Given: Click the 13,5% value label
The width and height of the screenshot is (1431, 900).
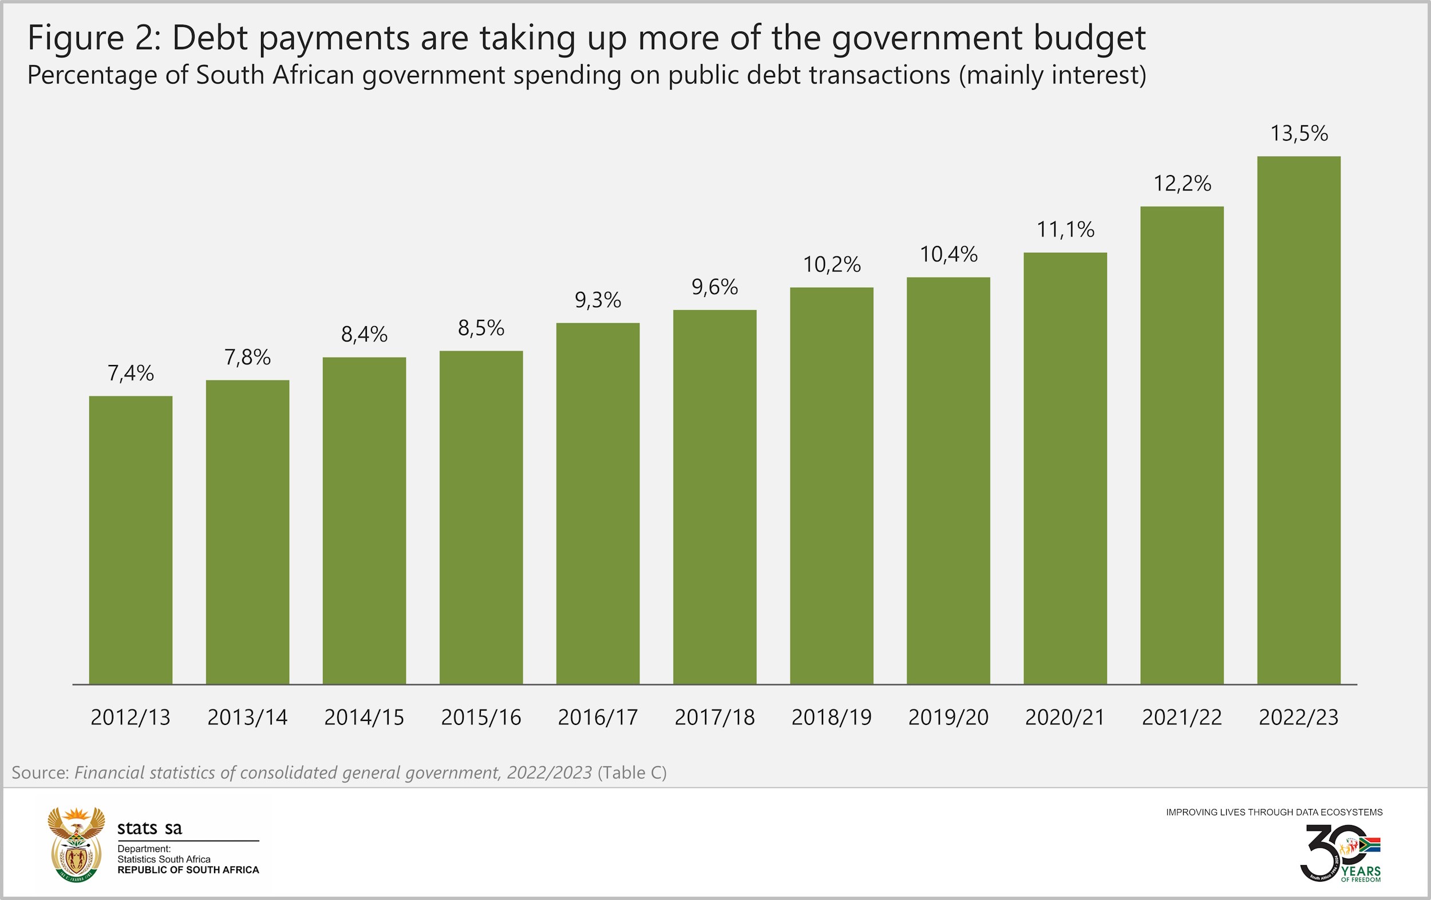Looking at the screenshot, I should (x=1299, y=134).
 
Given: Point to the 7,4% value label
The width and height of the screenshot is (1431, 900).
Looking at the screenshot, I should (x=131, y=373).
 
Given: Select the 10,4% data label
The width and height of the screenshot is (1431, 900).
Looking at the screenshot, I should (x=948, y=255).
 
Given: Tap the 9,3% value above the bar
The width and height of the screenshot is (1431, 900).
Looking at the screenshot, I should (x=598, y=300).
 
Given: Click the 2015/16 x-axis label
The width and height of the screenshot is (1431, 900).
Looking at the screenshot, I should (x=481, y=717).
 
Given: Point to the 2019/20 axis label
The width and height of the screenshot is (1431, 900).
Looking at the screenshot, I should (x=948, y=717).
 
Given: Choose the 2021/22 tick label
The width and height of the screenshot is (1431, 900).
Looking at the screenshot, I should (x=1182, y=717).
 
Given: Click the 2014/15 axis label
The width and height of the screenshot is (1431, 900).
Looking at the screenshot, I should (x=364, y=717).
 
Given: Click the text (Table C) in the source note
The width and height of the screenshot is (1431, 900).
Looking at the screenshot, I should (x=632, y=773).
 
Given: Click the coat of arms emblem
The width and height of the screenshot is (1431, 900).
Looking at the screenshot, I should (x=76, y=844).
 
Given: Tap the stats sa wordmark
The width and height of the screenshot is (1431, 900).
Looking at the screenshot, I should (x=150, y=828).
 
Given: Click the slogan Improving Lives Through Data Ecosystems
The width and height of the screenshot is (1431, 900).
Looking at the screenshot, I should (x=1274, y=812).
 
